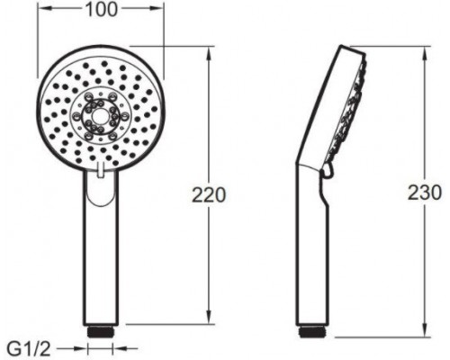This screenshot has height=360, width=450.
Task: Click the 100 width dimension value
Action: (101, 9)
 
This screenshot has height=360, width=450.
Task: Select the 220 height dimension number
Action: (209, 195)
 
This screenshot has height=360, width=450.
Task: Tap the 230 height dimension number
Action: (425, 193)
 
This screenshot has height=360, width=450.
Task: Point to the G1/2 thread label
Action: (29, 348)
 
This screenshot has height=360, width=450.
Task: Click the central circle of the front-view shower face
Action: (98, 116)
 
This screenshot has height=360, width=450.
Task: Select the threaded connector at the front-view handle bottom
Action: (101, 332)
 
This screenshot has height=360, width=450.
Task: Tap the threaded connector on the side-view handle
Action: (312, 331)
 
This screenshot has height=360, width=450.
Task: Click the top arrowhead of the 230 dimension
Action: (425, 53)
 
